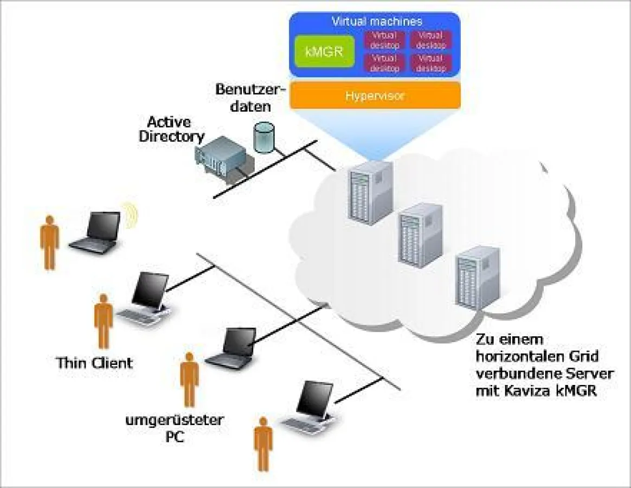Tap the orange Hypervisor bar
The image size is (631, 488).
click(x=375, y=96)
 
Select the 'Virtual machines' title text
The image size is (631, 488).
click(x=376, y=22)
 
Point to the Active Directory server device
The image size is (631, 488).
click(x=222, y=155)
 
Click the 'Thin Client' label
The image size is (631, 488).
click(x=94, y=362)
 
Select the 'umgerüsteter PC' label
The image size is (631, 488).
click(x=175, y=427)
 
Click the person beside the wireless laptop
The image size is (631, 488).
click(x=49, y=242)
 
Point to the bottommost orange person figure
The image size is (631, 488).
click(x=264, y=444)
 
